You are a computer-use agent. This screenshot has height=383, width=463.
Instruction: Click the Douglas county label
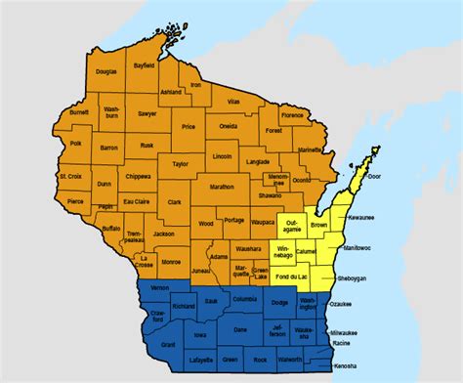[107, 71]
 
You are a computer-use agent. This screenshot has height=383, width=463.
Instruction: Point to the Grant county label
[168, 344]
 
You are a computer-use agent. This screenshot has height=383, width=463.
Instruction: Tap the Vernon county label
[161, 288]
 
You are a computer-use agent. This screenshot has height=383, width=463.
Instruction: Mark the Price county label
[189, 127]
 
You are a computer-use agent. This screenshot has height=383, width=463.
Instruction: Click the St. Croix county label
[69, 177]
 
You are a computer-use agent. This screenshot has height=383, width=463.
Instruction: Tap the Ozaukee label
[364, 304]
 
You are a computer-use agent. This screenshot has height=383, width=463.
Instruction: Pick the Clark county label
[175, 202]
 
